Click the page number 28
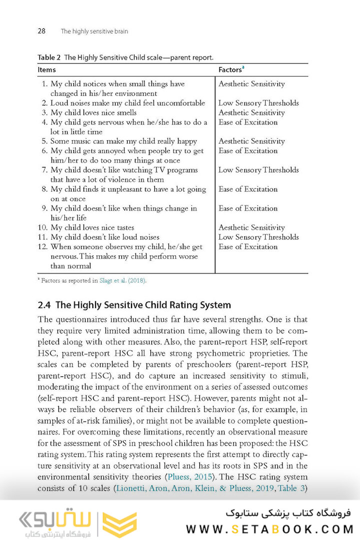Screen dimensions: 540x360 pyautogui.click(x=41, y=31)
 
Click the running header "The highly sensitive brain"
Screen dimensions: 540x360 pyautogui.click(x=94, y=31)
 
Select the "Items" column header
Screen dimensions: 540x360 pyautogui.click(x=46, y=69)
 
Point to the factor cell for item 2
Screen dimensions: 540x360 pyautogui.click(x=258, y=103)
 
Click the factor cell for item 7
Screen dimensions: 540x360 pyautogui.click(x=258, y=170)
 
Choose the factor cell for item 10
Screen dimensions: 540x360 pyautogui.click(x=251, y=227)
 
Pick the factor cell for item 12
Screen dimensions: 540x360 pyautogui.click(x=248, y=246)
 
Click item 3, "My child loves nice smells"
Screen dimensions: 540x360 pyautogui.click(x=93, y=112)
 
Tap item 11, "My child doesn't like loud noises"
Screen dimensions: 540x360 pyautogui.click(x=104, y=237)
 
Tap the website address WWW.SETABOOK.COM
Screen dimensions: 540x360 pyautogui.click(x=270, y=528)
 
